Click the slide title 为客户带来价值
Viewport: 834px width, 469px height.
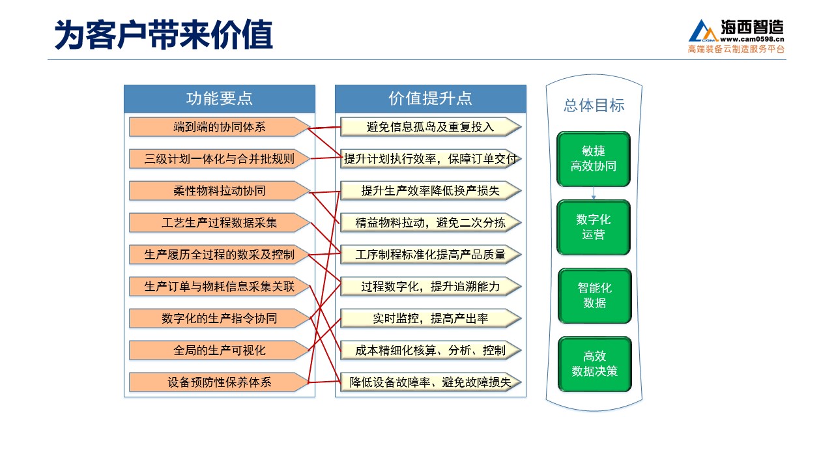pyautogui.click(x=164, y=35)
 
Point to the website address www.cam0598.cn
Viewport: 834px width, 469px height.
pyautogui.click(x=752, y=39)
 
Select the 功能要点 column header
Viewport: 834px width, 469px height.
pyautogui.click(x=220, y=98)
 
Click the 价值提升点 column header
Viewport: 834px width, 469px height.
pyautogui.click(x=431, y=98)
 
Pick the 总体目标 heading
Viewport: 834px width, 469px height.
pyautogui.click(x=594, y=106)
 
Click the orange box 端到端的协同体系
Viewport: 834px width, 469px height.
pyautogui.click(x=220, y=127)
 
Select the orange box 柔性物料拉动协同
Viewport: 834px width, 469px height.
pyautogui.click(x=220, y=191)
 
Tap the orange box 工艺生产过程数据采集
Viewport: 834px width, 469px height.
pyautogui.click(x=220, y=223)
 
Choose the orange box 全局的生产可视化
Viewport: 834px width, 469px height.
pyautogui.click(x=220, y=350)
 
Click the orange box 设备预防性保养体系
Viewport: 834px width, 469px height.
pyautogui.click(x=220, y=382)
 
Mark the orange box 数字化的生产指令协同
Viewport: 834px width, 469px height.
pyautogui.click(x=220, y=319)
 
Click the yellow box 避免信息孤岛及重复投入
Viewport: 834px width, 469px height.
pyautogui.click(x=431, y=127)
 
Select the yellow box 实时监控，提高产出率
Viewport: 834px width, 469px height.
pyautogui.click(x=431, y=319)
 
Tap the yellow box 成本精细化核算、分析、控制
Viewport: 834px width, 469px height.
pyautogui.click(x=431, y=350)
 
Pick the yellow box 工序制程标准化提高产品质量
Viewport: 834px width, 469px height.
pyautogui.click(x=431, y=255)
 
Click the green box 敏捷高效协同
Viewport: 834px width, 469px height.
pyautogui.click(x=594, y=159)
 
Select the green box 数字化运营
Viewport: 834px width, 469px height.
pyautogui.click(x=594, y=227)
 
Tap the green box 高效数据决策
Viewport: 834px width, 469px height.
pyautogui.click(x=595, y=364)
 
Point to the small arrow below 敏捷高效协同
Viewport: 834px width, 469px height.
pyautogui.click(x=594, y=193)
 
